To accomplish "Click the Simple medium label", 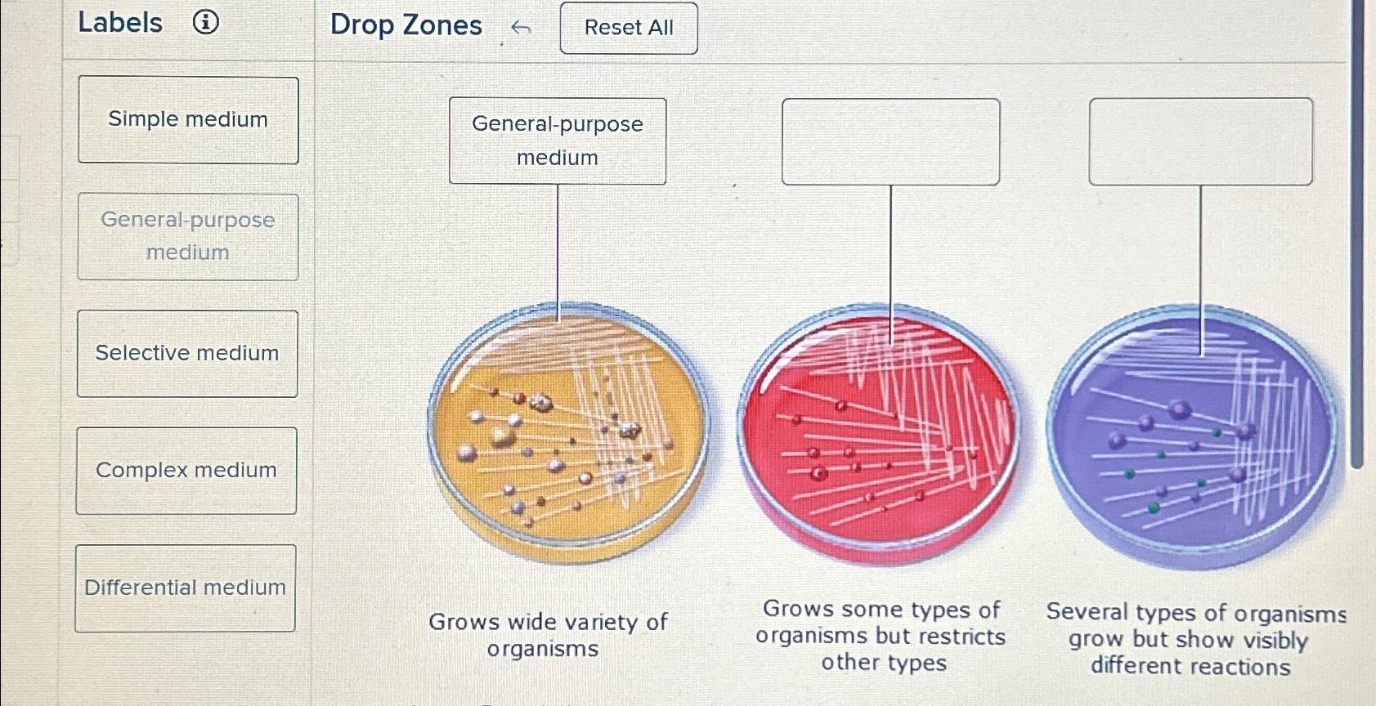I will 188,120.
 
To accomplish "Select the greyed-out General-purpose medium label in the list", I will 188,237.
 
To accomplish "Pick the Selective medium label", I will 187,354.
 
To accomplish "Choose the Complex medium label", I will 186,471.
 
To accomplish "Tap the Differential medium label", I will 186,588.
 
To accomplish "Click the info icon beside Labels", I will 206,22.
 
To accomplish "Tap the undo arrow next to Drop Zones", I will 521,29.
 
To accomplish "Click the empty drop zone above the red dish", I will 890,141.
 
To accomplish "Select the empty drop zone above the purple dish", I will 1200,141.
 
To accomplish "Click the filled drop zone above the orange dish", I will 558,141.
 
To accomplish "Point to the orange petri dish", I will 568,433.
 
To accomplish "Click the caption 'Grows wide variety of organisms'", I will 547,635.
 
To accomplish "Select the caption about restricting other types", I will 881,636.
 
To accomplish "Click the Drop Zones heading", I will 406,25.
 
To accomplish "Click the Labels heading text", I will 120,23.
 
